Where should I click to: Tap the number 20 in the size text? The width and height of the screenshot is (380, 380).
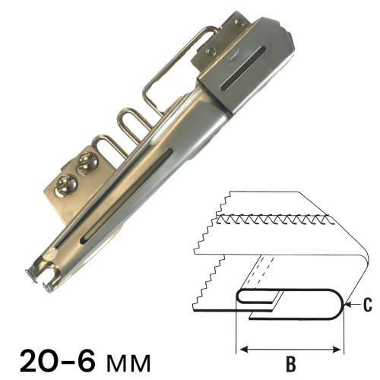pos(43,360)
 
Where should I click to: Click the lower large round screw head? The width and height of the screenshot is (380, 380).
pos(66,185)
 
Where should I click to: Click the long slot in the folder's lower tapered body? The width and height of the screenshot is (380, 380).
pos(126,196)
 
